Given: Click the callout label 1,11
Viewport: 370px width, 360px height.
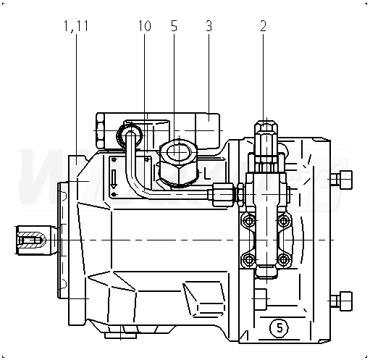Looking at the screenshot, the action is [x=76, y=26].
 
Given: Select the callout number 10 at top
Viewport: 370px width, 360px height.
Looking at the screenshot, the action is [x=145, y=26].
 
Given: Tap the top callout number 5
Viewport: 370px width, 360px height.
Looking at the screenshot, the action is [x=174, y=26].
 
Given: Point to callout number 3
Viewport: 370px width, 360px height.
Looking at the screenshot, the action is [x=209, y=26].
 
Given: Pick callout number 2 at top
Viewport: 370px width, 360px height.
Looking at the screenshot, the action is [x=263, y=26].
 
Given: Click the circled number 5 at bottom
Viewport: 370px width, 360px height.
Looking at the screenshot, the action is [x=279, y=328].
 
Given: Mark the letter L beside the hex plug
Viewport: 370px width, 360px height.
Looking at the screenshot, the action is [x=206, y=173].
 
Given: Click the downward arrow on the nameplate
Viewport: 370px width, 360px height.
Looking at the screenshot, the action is [x=114, y=179].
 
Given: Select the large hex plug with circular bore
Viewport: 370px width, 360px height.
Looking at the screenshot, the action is [x=178, y=162].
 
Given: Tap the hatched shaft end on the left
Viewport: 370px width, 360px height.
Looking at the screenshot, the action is [x=30, y=240].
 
